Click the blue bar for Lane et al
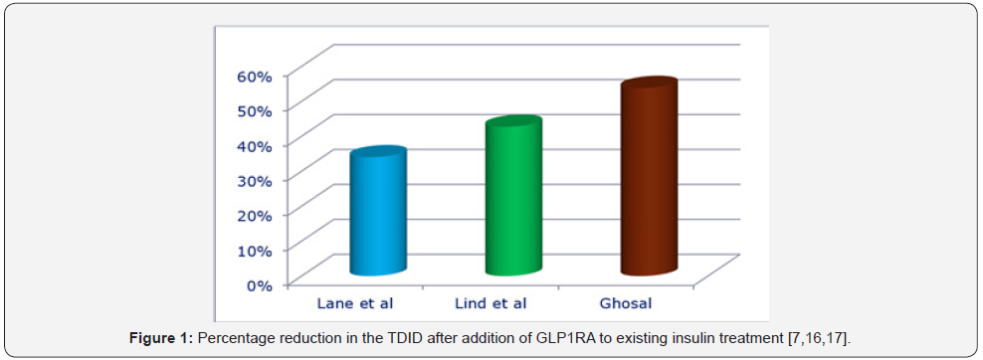(377, 213)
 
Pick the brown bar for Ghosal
(648, 179)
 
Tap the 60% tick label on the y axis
(253, 75)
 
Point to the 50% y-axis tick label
(253, 109)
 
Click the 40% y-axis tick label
(253, 144)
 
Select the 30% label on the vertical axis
(253, 179)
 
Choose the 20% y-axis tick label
(253, 214)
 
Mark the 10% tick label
(253, 249)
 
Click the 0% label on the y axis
(258, 284)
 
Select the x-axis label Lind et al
(491, 302)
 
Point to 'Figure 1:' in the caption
(161, 339)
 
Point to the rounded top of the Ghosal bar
(649, 87)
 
